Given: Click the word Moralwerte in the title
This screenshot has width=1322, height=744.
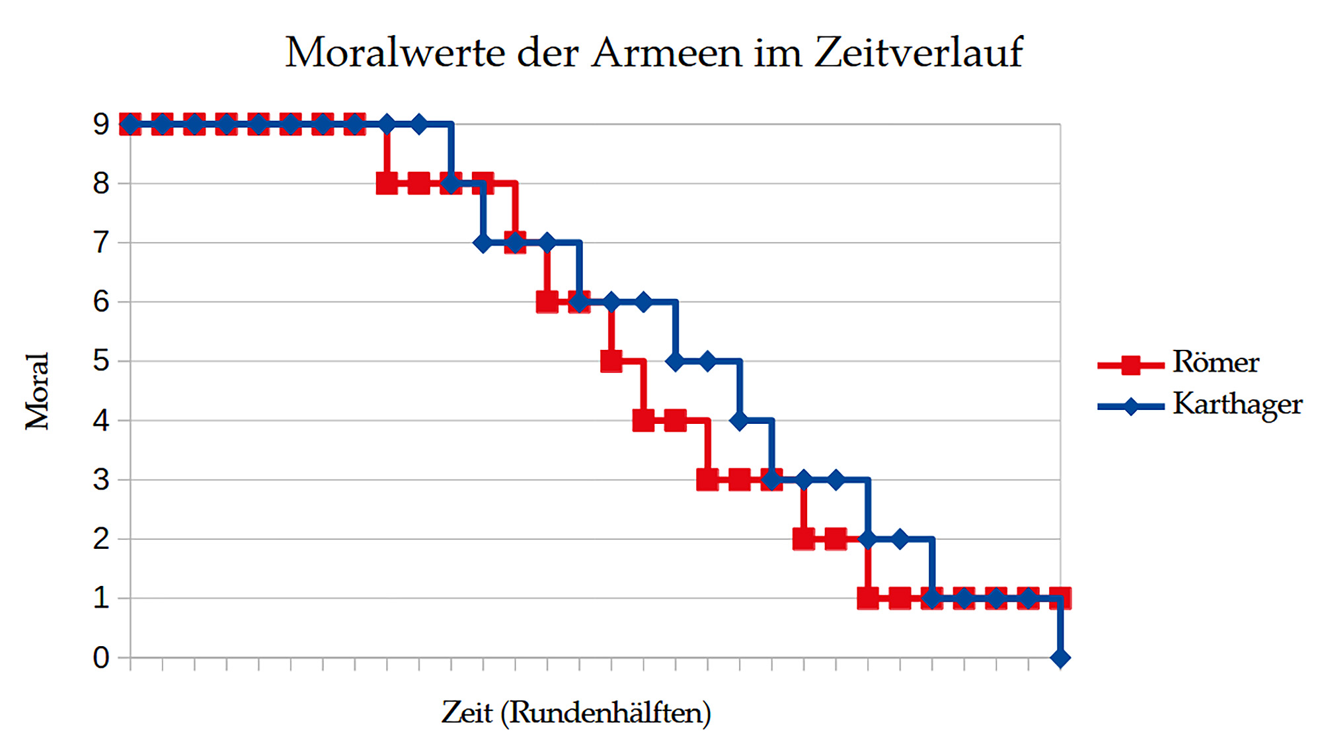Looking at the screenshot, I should [x=395, y=52].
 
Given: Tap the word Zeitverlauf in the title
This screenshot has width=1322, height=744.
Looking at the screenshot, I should [x=919, y=52].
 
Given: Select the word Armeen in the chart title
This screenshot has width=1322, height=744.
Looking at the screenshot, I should [x=666, y=52].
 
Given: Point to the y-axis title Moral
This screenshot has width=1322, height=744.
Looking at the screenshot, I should [x=38, y=392].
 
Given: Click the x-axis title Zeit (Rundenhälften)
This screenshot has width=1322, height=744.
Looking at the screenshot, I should [x=576, y=713].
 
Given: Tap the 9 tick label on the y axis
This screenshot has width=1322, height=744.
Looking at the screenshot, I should [x=101, y=124].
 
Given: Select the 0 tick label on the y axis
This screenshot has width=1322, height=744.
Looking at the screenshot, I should [x=101, y=658].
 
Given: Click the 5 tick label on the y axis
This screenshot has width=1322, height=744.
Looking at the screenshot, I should [x=101, y=361].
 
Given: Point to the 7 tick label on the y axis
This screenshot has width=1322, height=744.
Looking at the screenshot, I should [x=101, y=243].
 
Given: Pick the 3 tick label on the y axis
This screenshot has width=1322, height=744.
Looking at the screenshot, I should [x=101, y=480].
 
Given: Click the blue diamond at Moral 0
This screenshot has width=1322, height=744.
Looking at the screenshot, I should [x=1060, y=658].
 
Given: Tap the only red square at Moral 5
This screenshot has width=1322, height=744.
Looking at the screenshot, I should [x=611, y=361].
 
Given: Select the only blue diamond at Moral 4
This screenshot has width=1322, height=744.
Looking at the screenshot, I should [x=740, y=421].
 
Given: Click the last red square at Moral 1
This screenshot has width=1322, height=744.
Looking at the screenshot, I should [x=1060, y=599].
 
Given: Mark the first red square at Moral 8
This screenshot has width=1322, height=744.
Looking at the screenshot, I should [x=387, y=183].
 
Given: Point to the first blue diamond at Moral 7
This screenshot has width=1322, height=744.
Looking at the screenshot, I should [x=483, y=243].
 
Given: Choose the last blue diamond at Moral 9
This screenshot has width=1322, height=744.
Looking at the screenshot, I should [x=419, y=124].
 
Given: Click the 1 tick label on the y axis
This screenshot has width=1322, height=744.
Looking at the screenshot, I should [x=101, y=599].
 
